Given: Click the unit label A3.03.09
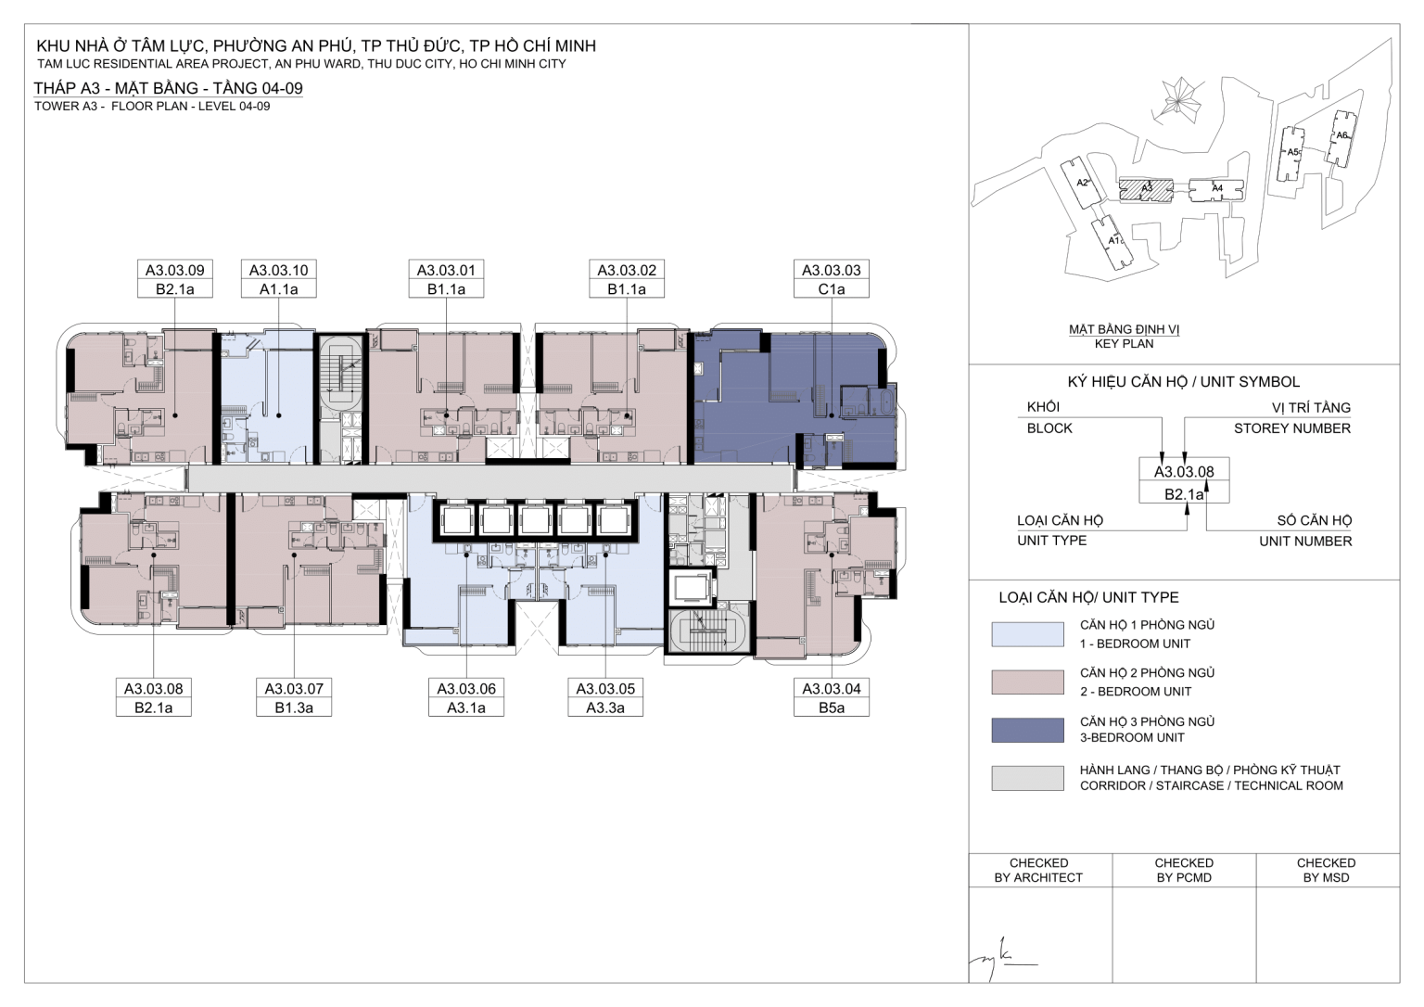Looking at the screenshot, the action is pyautogui.click(x=175, y=270).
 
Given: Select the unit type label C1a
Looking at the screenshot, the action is pyautogui.click(x=831, y=289).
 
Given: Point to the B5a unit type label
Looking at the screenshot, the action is pyautogui.click(x=831, y=707).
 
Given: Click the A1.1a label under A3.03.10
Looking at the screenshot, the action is pyautogui.click(x=278, y=289).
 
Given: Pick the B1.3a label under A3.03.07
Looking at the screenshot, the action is pyautogui.click(x=294, y=707).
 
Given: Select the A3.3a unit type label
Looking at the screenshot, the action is pyautogui.click(x=605, y=707).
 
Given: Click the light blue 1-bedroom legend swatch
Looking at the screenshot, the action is pyautogui.click(x=1027, y=634).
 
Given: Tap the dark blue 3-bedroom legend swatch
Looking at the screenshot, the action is pyautogui.click(x=1027, y=730).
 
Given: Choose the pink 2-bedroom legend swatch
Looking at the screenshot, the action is pyautogui.click(x=1027, y=682).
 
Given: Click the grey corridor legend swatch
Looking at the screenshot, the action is pyautogui.click(x=1027, y=777).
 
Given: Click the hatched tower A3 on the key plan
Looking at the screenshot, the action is pyautogui.click(x=1146, y=189).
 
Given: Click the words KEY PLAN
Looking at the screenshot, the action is pyautogui.click(x=1124, y=344).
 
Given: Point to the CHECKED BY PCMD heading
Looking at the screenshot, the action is pyautogui.click(x=1184, y=871).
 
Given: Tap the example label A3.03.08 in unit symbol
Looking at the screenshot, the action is pyautogui.click(x=1184, y=472).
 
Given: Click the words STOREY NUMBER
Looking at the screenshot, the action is pyautogui.click(x=1292, y=428).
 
